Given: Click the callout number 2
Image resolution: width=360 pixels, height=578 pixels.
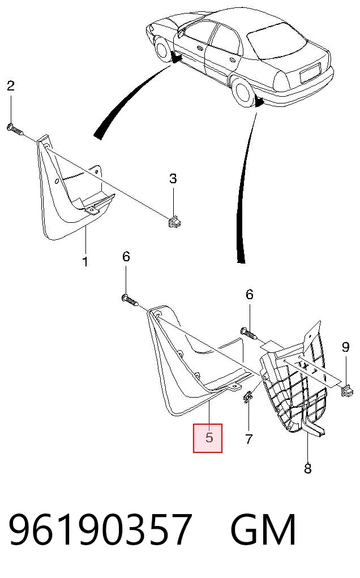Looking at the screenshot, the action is tap(10, 85).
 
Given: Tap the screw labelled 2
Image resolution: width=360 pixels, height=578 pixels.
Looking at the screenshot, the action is tap(15, 130).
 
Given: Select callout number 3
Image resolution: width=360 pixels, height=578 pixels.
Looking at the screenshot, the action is tap(173, 179).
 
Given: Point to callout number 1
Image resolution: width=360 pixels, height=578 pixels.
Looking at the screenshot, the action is tap(85, 262).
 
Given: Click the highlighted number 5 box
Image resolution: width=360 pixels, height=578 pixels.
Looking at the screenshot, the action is tap(208, 438).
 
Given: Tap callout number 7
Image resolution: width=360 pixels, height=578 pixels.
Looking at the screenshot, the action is tap(249, 439).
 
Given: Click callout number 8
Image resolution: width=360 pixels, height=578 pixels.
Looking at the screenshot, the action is tap(307, 468).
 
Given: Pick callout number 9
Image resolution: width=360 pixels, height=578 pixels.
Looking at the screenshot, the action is tap(345, 347).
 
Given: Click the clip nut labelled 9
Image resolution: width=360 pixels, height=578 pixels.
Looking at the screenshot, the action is tap(347, 390).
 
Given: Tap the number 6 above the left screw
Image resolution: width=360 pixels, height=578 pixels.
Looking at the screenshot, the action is tap(126, 256).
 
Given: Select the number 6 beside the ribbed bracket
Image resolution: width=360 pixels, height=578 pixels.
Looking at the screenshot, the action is tap(250, 295).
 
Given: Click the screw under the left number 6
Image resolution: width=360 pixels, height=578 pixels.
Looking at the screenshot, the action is tap(130, 300).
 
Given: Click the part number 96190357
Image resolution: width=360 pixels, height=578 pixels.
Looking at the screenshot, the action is tap(100, 529).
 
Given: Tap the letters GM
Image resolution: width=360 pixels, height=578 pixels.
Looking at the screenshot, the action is tap(263, 529).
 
